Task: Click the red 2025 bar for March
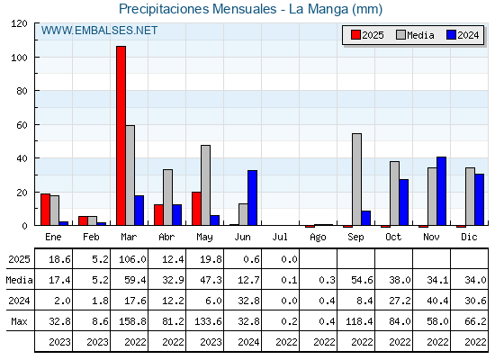121,136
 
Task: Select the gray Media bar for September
356,179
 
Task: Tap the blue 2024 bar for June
252,198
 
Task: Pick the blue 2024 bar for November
441,191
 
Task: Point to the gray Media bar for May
206,185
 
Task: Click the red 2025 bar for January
45,210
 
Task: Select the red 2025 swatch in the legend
355,35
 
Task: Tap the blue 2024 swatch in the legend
451,35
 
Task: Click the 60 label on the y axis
22,125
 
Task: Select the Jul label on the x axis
280,238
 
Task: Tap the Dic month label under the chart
469,238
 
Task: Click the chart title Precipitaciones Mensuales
198,9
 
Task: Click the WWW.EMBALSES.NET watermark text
99,31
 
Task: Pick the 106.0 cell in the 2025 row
132,259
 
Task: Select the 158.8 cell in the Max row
132,321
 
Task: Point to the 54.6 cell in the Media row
362,280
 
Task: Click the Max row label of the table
19,321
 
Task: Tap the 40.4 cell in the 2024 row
437,301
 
